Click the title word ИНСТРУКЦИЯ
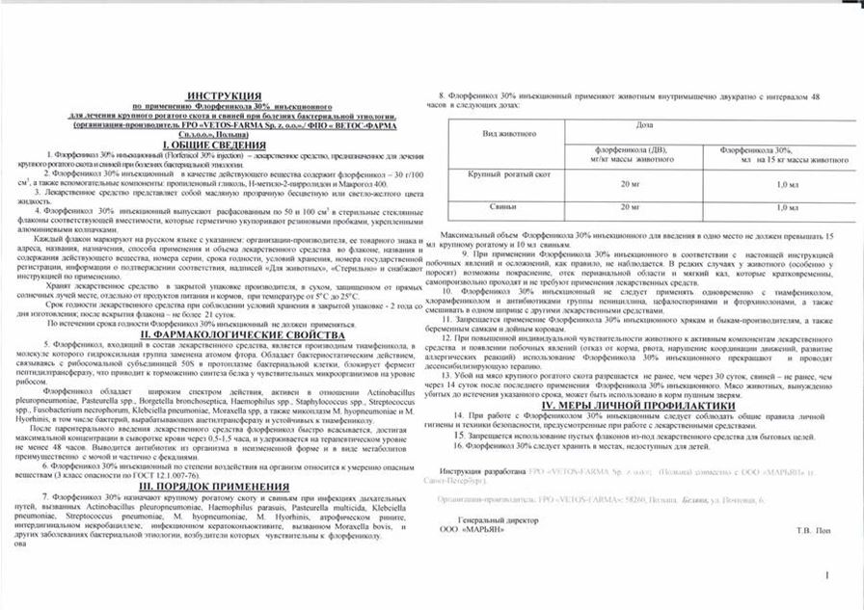coord(223,97)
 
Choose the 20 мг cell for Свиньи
coord(632,205)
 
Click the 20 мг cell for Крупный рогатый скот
coord(632,182)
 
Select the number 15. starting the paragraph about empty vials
coord(459,436)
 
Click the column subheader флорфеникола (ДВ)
coord(632,148)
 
